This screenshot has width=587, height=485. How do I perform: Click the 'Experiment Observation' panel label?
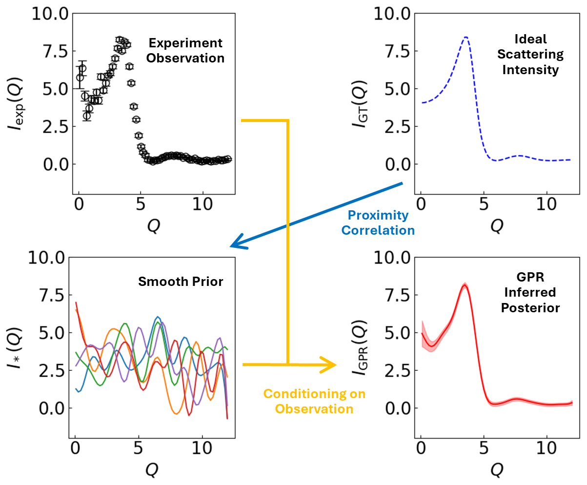[185, 50]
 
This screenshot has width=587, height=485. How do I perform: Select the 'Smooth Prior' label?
[181, 282]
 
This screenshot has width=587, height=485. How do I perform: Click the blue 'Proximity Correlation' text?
[378, 223]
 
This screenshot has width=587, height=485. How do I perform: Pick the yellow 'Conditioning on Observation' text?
[315, 401]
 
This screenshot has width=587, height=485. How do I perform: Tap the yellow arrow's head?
[332, 364]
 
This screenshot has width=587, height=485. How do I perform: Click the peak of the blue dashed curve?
[466, 37]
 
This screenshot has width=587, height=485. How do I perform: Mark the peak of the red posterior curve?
[465, 285]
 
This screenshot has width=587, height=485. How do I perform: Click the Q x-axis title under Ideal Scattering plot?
[496, 225]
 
